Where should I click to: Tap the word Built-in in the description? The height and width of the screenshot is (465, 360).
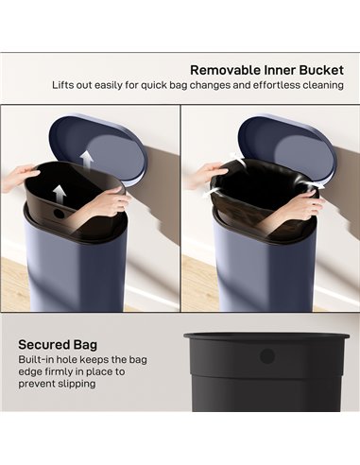[38, 360]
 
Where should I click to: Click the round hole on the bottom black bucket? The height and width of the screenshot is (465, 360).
[266, 356]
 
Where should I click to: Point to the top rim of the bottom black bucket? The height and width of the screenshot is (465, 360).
[266, 336]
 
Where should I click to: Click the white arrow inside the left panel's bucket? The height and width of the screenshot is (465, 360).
[59, 194]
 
